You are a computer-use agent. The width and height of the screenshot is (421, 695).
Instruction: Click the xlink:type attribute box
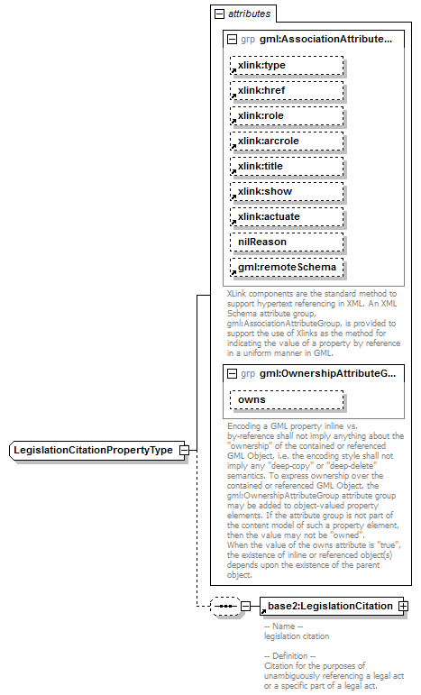[287, 66]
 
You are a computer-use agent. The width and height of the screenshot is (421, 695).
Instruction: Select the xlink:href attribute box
[287, 91]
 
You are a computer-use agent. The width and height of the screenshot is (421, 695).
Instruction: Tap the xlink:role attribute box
[287, 116]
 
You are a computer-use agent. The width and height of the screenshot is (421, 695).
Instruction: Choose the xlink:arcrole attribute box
[287, 142]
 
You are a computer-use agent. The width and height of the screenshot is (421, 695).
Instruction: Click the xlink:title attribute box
[287, 167]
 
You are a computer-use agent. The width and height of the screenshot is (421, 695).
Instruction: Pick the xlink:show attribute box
[287, 192]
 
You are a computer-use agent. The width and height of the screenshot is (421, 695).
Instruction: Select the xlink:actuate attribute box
[287, 217]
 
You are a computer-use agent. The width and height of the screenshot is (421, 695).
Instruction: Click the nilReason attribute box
[287, 242]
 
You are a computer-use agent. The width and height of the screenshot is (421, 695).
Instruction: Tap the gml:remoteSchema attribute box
[287, 268]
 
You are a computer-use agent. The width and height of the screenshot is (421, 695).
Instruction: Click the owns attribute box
[287, 399]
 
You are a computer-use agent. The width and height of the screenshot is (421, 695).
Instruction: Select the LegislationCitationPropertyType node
[93, 451]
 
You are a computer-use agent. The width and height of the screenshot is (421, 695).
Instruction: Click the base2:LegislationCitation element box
[328, 606]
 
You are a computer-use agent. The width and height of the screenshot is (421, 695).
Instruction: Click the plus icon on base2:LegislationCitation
[403, 606]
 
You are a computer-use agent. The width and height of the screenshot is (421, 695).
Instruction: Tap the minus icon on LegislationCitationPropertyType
[183, 451]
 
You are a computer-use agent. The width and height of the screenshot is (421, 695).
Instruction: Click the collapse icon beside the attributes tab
[218, 14]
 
